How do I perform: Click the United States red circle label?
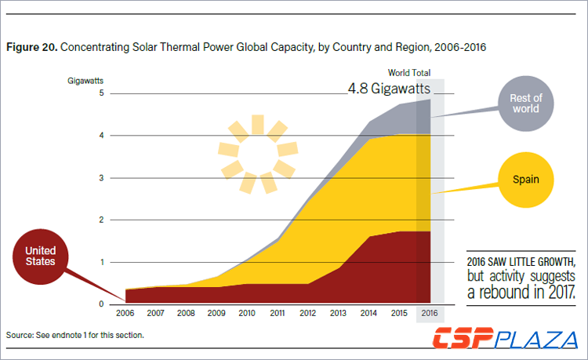pyautogui.click(x=39, y=256)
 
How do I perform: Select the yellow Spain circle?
pyautogui.click(x=526, y=180)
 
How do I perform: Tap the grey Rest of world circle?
pyautogui.click(x=526, y=104)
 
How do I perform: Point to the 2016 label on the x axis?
pyautogui.click(x=430, y=312)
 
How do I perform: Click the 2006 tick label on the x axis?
pyautogui.click(x=126, y=312)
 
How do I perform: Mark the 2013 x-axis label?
pyautogui.click(x=339, y=312)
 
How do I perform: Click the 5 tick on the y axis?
pyautogui.click(x=101, y=93)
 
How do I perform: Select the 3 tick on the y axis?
pyautogui.click(x=101, y=178)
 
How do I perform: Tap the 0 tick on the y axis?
pyautogui.click(x=101, y=304)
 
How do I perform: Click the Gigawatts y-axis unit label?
pyautogui.click(x=86, y=80)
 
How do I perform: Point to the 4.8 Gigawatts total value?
pyautogui.click(x=389, y=89)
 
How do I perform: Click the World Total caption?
pyautogui.click(x=409, y=73)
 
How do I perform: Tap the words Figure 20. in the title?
pyautogui.click(x=31, y=47)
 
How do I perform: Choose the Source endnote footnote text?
pyautogui.click(x=75, y=335)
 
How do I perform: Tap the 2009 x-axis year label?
pyautogui.click(x=217, y=312)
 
